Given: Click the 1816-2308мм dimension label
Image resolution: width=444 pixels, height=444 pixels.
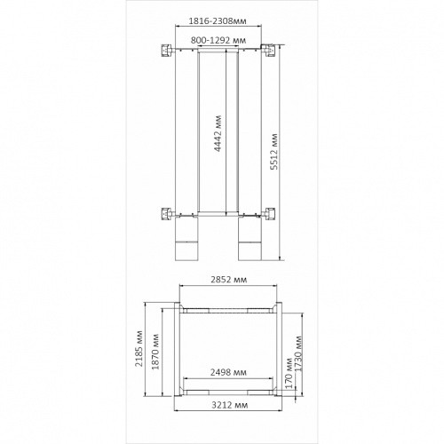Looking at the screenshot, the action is tap(218, 21).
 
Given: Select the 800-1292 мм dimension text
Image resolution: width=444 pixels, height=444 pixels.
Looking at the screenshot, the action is tap(218, 40).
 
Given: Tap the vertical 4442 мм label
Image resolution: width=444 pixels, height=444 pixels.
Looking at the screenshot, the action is tap(218, 133).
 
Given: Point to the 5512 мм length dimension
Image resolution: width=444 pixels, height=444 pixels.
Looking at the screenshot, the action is tap(275, 152).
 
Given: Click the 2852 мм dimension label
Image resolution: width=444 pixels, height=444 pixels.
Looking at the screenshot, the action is tap(228, 280).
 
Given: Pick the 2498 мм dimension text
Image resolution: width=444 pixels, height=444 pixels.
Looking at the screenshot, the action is tap(228, 372).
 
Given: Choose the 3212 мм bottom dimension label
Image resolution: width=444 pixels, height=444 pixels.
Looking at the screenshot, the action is tap(230, 405).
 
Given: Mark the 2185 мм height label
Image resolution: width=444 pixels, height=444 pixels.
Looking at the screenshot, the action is tap(139, 348).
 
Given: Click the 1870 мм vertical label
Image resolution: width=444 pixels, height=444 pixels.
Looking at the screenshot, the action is tap(155, 352).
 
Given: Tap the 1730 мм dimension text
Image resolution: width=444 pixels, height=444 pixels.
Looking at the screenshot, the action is tap(299, 353).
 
